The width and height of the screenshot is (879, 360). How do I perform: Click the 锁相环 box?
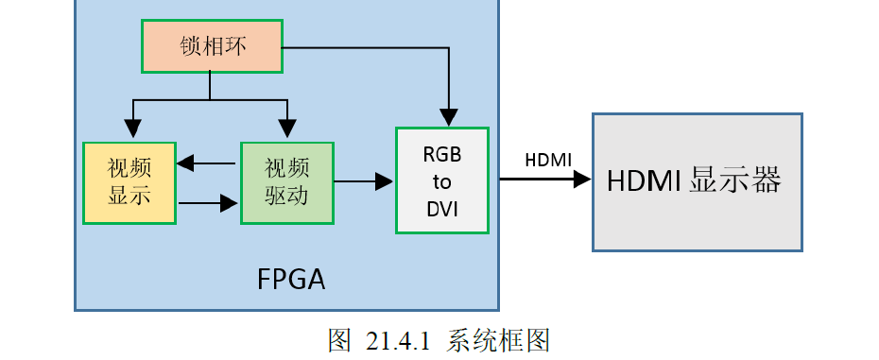212,46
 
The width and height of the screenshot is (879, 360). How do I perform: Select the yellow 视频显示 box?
129,182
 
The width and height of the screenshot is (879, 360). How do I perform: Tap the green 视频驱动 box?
287,182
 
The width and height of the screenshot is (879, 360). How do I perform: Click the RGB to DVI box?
442,180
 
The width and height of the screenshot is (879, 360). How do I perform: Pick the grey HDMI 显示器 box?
697,181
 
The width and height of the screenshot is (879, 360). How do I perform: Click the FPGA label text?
290,280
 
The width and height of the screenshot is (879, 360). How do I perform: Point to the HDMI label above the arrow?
548,159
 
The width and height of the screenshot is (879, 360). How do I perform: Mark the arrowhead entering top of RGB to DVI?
449,117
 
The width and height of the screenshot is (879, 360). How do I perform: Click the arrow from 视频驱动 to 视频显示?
207,163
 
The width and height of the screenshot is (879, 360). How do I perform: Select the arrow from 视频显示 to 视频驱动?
207,201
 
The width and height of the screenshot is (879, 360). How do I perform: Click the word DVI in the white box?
442,209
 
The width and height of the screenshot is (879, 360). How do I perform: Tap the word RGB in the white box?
442,154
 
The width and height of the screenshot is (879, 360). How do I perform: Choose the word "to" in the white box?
442,181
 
